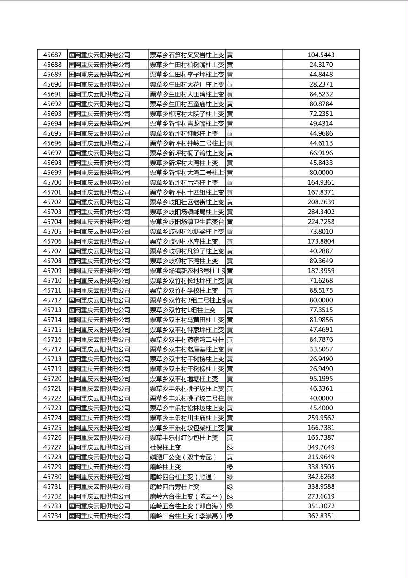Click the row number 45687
tap(52, 55)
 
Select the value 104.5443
tap(321, 55)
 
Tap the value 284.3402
tap(321, 212)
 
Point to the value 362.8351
tap(321, 516)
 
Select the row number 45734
tap(52, 516)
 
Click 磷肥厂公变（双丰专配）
tap(183, 457)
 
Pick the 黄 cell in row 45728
tap(230, 457)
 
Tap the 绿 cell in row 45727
tap(230, 447)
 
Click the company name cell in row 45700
tap(100, 183)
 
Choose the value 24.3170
tap(321, 65)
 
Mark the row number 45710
tap(52, 281)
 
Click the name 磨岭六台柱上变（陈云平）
tap(187, 496)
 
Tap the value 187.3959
tap(321, 271)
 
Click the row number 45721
tap(52, 388)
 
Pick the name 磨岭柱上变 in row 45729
tap(166, 467)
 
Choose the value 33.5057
tap(321, 349)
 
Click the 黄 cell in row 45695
tap(230, 134)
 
